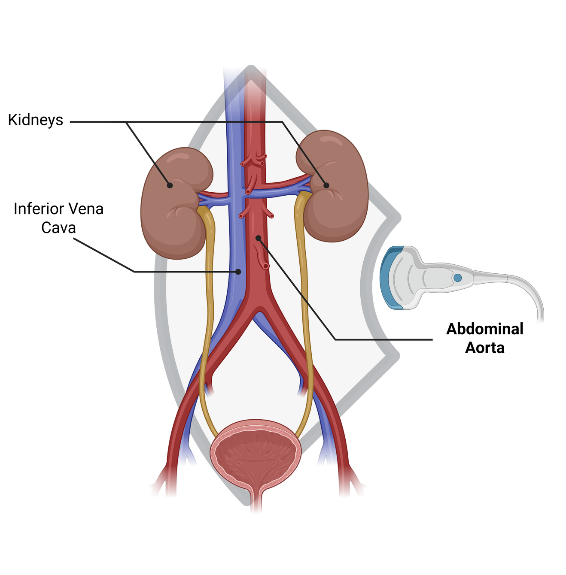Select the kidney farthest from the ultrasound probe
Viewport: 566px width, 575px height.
[x=172, y=215]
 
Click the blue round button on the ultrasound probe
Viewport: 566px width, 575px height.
[x=458, y=278]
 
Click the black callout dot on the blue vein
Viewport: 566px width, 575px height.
[x=238, y=272]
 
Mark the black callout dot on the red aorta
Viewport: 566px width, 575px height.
[x=258, y=237]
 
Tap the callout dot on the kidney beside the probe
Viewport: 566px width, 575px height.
[x=326, y=185]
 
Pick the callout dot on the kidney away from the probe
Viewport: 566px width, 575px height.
[x=170, y=185]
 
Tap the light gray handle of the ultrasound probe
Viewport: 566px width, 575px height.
[x=434, y=277]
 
